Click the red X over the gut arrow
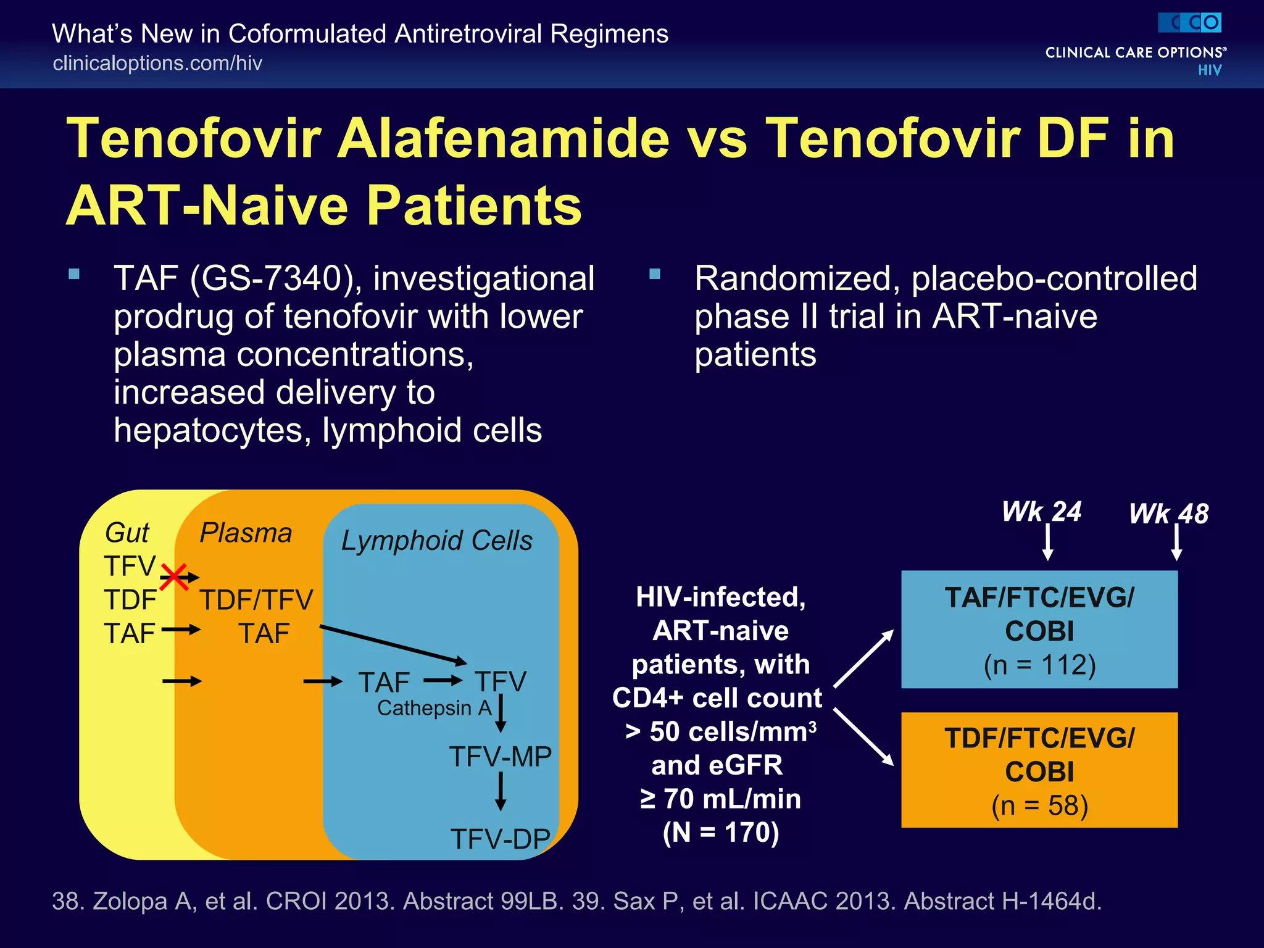(x=174, y=577)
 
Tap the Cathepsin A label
(x=434, y=708)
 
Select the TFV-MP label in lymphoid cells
(x=500, y=757)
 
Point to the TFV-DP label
(x=500, y=839)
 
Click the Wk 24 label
(x=1041, y=512)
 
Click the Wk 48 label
(x=1168, y=514)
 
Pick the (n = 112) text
(x=1039, y=665)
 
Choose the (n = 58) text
(x=1039, y=806)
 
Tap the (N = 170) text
(x=720, y=833)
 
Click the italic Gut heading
(x=127, y=533)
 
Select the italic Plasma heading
(x=246, y=533)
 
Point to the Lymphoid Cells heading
(x=436, y=541)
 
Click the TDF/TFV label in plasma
(x=256, y=600)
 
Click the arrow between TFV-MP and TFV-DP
(x=501, y=792)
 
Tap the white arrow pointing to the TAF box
(x=863, y=659)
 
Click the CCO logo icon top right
(x=1189, y=23)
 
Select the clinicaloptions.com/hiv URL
(x=157, y=64)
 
